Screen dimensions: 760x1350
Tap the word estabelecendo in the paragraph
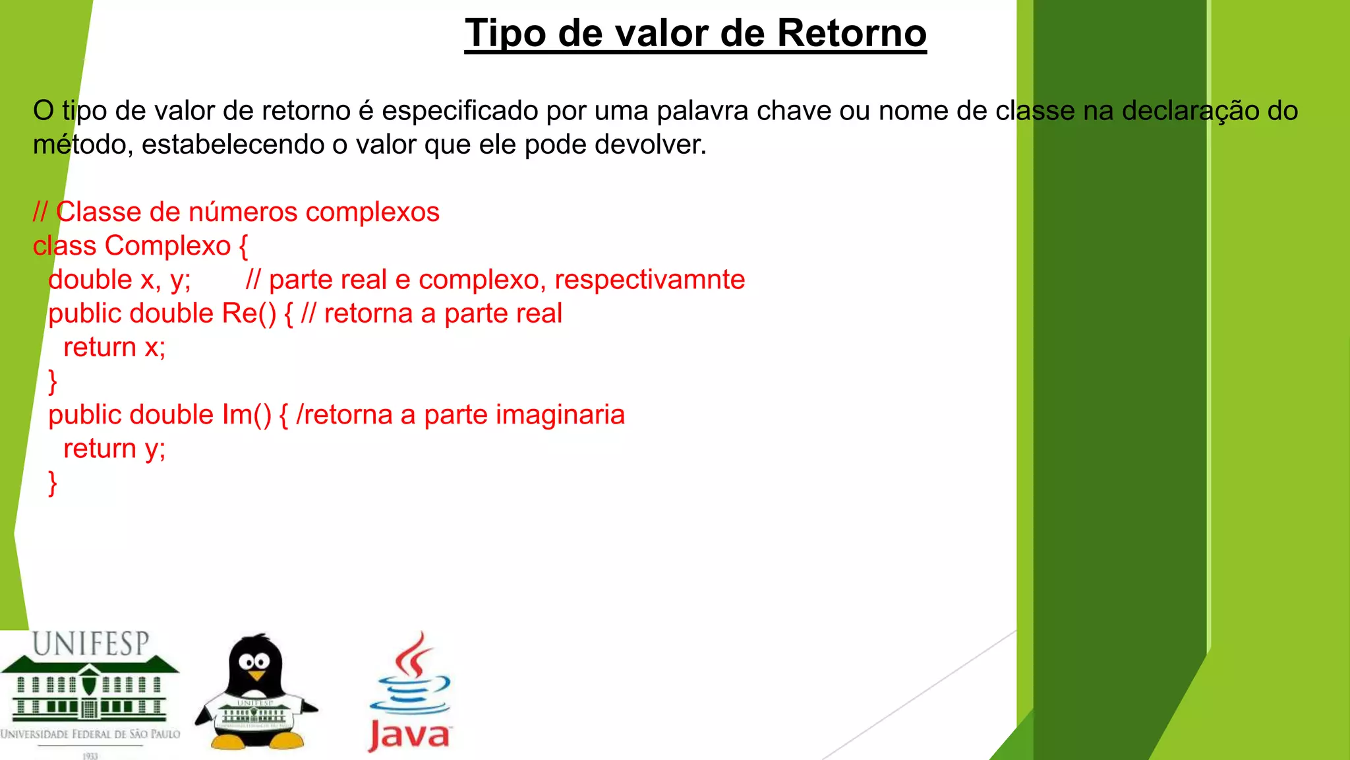pyautogui.click(x=232, y=144)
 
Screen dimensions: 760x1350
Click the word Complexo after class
pyautogui.click(x=168, y=246)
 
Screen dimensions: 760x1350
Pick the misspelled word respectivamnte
pyautogui.click(x=649, y=280)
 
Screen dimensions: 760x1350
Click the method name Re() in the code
pyautogui.click(x=249, y=313)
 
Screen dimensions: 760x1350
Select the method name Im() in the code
pyautogui.click(x=247, y=415)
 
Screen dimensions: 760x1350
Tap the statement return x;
pyautogui.click(x=114, y=347)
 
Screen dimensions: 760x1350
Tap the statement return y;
pyautogui.click(x=114, y=449)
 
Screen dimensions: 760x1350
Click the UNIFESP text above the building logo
pyautogui.click(x=91, y=644)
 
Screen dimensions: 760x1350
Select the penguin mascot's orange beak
pyautogui.click(x=256, y=676)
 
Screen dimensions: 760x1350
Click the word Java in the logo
pyautogui.click(x=409, y=735)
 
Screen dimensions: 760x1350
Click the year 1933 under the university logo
pyautogui.click(x=90, y=756)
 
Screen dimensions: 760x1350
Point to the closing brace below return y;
pyautogui.click(x=53, y=483)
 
